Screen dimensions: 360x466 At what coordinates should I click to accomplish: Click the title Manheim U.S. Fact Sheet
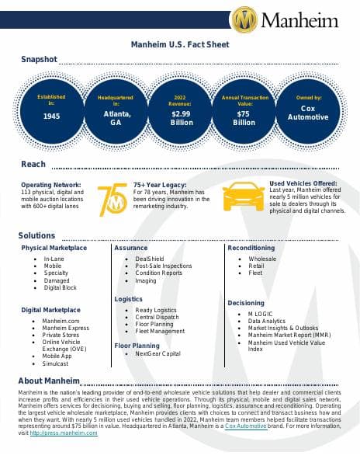click(180, 45)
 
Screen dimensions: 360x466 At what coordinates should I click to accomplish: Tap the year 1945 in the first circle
click(52, 116)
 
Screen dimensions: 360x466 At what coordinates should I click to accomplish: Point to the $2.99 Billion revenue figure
click(181, 117)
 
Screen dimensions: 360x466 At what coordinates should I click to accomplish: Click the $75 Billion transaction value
click(244, 117)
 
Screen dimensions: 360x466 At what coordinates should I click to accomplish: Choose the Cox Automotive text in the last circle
click(308, 113)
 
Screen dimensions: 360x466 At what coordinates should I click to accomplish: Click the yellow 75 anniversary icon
click(112, 199)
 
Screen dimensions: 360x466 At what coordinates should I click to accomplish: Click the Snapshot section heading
click(39, 60)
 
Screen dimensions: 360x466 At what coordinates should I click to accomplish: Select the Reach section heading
click(33, 164)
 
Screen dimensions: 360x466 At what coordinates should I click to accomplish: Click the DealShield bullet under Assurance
click(149, 258)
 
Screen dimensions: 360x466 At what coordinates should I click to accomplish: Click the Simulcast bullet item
click(56, 363)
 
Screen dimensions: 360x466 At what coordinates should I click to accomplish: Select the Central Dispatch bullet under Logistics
click(156, 317)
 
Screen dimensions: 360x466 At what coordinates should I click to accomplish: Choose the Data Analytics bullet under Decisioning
click(267, 320)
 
